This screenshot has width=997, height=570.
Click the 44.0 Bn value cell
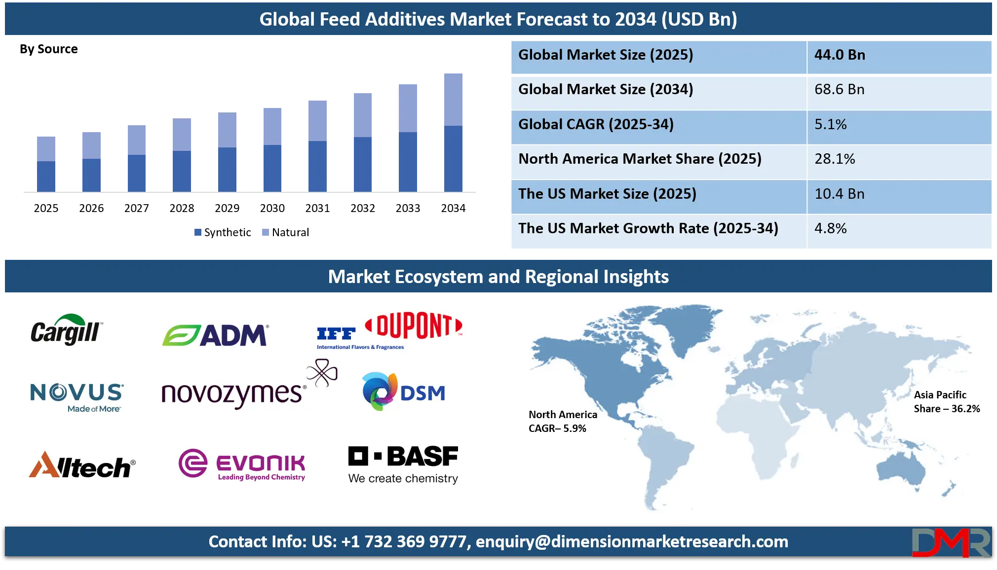840,55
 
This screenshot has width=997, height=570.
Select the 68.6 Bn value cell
839,90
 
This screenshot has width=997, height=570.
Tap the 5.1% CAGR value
830,124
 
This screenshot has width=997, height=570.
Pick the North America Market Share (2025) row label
640,159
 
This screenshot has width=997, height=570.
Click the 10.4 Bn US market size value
839,194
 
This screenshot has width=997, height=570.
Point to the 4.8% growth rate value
830,228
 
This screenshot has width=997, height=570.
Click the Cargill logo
67,330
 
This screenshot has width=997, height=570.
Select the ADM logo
215,335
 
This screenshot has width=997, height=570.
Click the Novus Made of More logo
77,397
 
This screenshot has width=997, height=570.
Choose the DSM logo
403,392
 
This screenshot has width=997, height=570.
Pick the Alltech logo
82,465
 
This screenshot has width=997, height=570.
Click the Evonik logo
242,463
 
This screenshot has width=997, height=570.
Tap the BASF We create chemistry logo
403,464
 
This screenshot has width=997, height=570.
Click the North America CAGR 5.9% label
562,421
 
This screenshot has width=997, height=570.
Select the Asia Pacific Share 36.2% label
946,401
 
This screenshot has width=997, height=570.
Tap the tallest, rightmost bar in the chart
454,131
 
